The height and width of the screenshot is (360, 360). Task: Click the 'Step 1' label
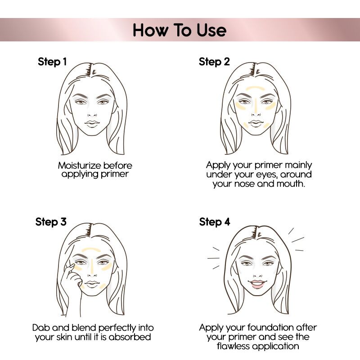pos(52,62)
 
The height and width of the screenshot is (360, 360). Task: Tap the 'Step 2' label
pos(214,62)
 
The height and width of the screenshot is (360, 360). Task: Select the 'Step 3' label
pos(51,222)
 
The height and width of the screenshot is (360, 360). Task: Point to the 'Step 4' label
pos(214,222)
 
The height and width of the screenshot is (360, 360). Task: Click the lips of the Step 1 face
pos(93,123)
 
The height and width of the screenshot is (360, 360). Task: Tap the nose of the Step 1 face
pos(93,112)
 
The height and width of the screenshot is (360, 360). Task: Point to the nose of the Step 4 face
pos(256,273)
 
